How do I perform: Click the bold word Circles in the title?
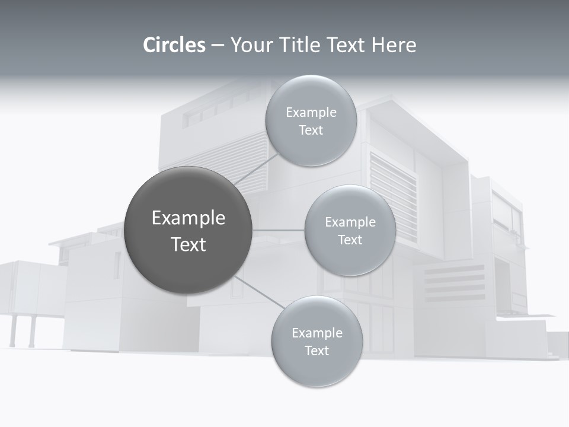point(174,45)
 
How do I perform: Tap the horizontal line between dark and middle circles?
point(278,230)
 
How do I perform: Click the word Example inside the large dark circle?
point(188,218)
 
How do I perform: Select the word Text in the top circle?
point(311,130)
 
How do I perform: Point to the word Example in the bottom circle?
point(317,333)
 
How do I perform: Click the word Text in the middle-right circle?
point(350,240)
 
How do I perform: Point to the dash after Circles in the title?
point(217,46)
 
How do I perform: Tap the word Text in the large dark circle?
point(188,244)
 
